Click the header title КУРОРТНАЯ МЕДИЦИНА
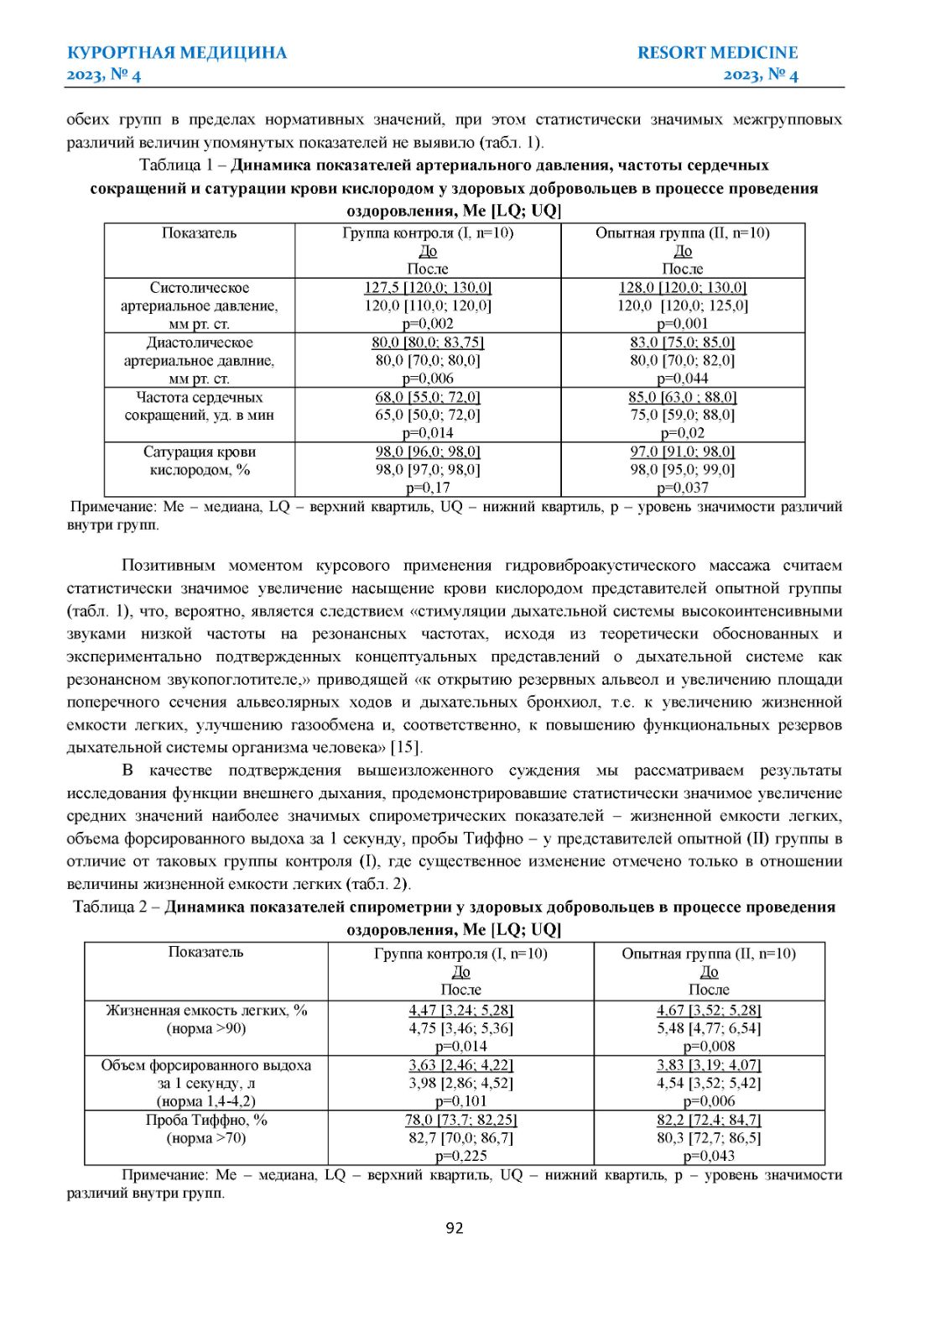(177, 53)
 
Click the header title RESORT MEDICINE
(717, 53)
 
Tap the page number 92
(454, 1228)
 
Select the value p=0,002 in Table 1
(428, 324)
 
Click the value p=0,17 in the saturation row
(428, 488)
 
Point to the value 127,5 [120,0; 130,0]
(428, 288)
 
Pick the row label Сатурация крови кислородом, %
(200, 461)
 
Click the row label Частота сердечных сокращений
(200, 406)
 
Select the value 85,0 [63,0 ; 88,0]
(682, 397)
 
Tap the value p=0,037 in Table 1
(682, 488)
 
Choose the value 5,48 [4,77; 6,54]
(709, 1028)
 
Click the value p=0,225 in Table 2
(460, 1156)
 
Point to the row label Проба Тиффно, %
(206, 1120)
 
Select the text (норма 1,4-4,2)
(206, 1101)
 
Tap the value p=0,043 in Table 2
(709, 1156)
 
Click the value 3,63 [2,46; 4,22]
(460, 1065)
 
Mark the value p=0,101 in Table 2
(460, 1101)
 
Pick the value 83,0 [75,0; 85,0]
(682, 342)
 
